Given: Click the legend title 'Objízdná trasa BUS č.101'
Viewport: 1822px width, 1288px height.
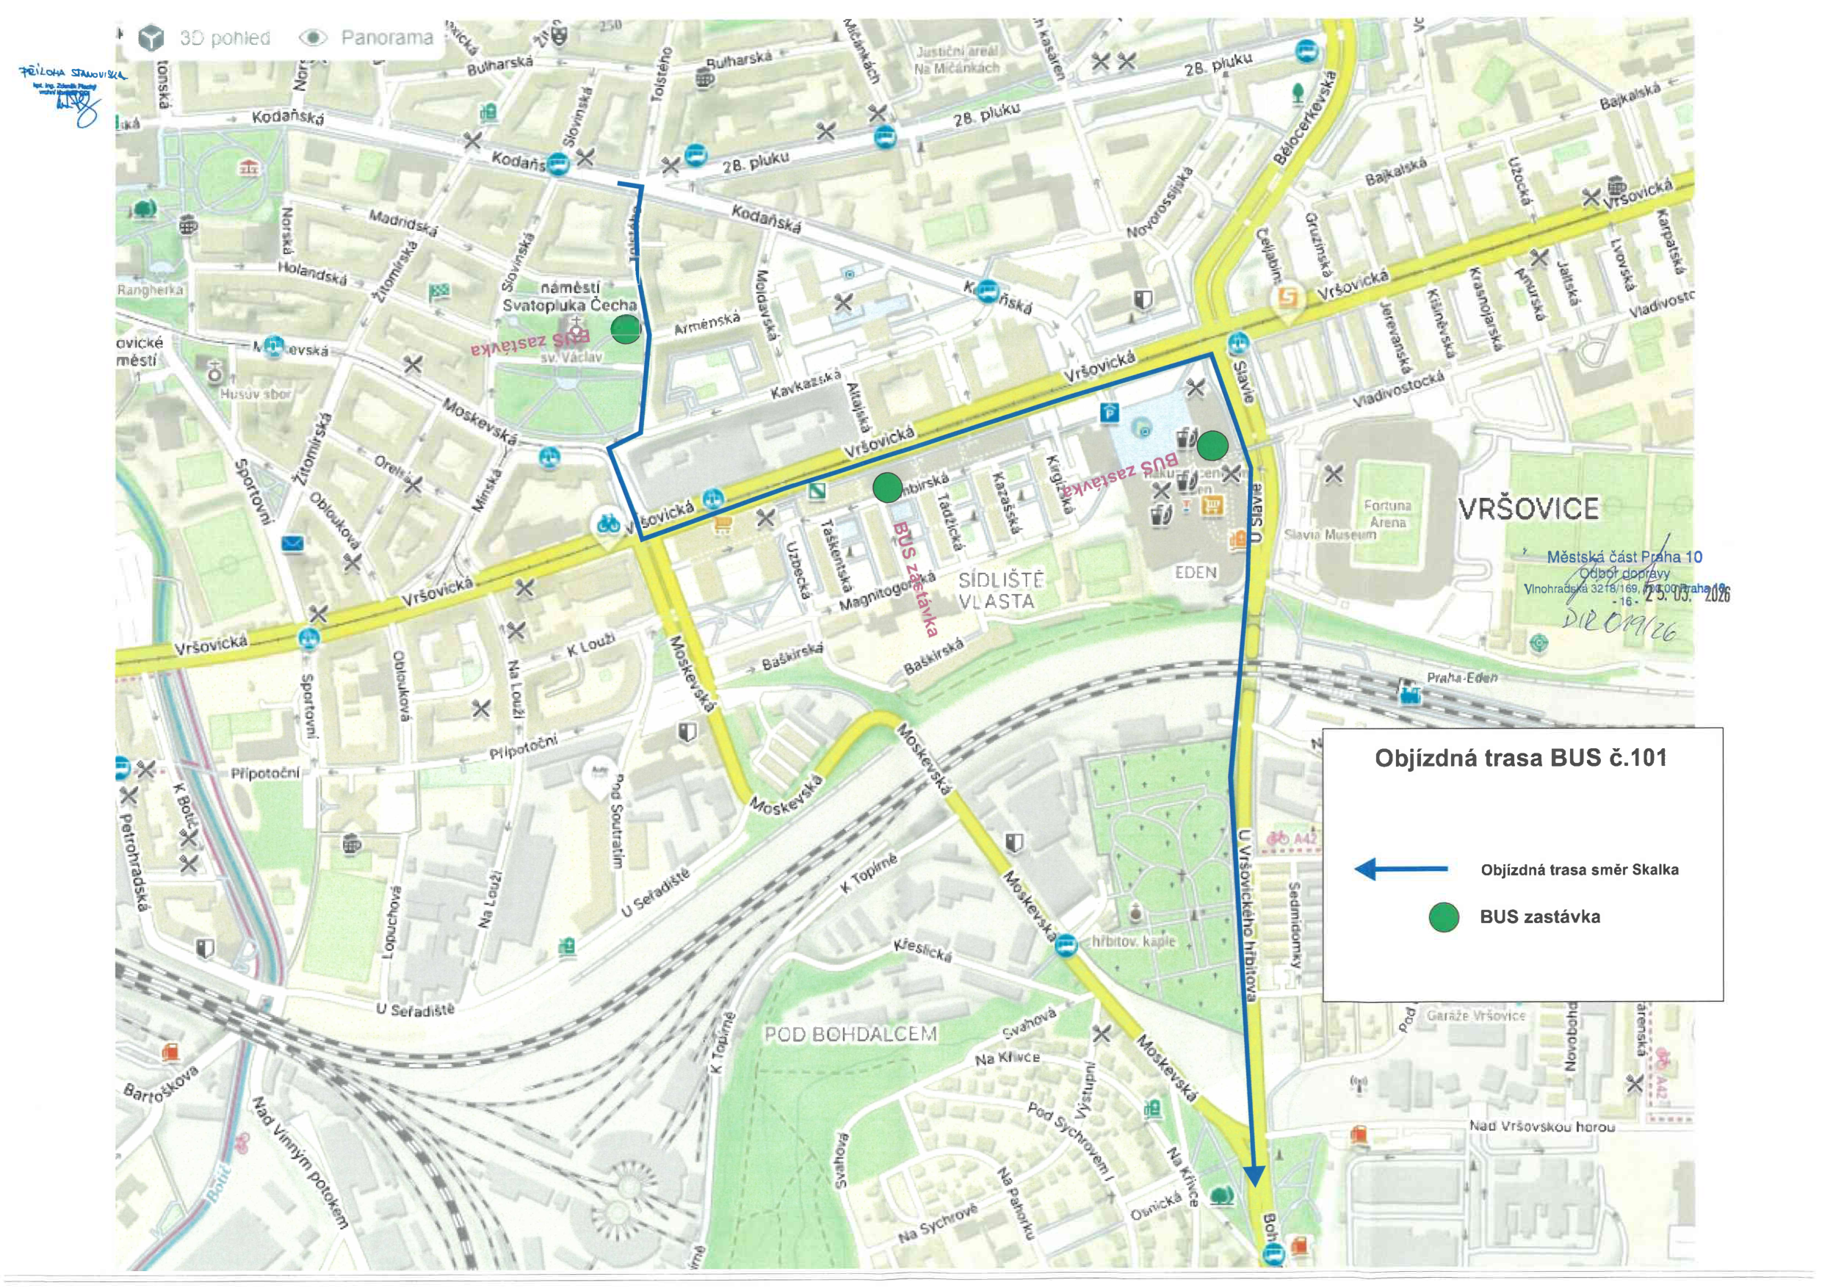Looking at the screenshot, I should [1520, 758].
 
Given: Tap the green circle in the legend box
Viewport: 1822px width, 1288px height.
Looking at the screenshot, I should [1444, 917].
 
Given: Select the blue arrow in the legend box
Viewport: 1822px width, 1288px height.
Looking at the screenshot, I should [1400, 869].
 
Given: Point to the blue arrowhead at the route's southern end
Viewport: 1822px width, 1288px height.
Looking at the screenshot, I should [1254, 1176].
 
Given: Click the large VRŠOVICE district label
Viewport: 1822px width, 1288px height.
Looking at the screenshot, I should [1528, 509].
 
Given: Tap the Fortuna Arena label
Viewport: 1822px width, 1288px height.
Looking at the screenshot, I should [1387, 513].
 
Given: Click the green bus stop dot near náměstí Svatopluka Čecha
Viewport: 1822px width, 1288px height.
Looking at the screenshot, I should [625, 328].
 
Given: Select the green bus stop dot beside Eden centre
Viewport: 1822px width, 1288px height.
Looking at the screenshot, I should [1212, 445].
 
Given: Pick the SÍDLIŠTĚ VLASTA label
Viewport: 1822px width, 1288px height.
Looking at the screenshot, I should [1001, 590].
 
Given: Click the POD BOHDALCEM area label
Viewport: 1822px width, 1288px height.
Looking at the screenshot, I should [850, 1034].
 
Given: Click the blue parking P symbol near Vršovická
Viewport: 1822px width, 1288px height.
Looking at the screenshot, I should [1110, 412].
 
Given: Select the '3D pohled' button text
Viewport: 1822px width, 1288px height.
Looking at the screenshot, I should [225, 37].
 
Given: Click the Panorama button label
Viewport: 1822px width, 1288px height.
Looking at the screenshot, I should [386, 37].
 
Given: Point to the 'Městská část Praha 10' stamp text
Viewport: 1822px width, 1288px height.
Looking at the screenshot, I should [1624, 557].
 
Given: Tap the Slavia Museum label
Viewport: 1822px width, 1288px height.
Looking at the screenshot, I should [1329, 535].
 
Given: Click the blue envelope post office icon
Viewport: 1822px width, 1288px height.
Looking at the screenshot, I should [293, 543].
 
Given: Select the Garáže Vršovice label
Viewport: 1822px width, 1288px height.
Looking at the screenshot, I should [1475, 1015].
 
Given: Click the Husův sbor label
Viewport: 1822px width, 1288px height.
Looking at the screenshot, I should [256, 394].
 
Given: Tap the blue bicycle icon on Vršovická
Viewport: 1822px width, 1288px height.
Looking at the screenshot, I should [609, 524].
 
